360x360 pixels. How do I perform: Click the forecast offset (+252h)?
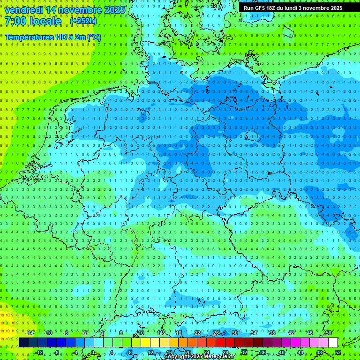83,21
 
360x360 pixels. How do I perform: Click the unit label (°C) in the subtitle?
94,37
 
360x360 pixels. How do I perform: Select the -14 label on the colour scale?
30,333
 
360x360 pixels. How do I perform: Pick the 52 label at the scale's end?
338,352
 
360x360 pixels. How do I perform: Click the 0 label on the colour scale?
92,352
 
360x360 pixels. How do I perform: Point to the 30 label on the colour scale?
234,333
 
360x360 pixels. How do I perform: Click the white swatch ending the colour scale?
333,342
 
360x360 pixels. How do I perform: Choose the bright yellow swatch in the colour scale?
145,342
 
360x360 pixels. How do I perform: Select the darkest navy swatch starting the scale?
23,342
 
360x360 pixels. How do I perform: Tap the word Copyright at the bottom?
177,357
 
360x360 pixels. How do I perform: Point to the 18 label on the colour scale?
179,333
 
